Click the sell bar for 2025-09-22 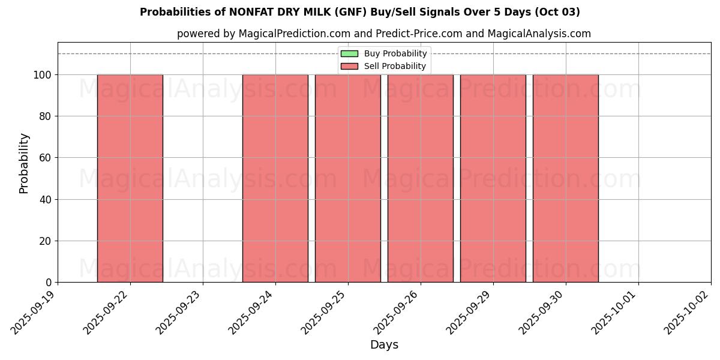pyautogui.click(x=130, y=178)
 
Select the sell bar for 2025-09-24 pyautogui.click(x=275, y=178)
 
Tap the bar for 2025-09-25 pyautogui.click(x=347, y=178)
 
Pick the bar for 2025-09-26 pyautogui.click(x=420, y=178)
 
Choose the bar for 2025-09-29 pyautogui.click(x=493, y=178)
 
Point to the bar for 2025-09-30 pyautogui.click(x=565, y=178)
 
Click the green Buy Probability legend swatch pyautogui.click(x=349, y=54)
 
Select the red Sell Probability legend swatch pyautogui.click(x=349, y=66)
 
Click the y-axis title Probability pyautogui.click(x=24, y=163)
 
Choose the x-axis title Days pyautogui.click(x=384, y=345)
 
